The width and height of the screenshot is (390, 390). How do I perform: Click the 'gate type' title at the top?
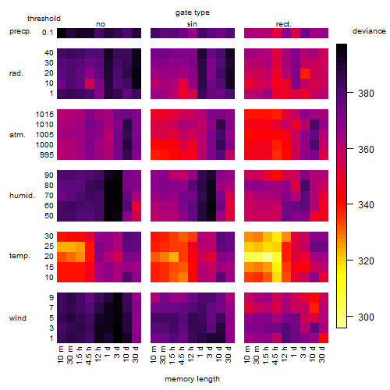point(193,12)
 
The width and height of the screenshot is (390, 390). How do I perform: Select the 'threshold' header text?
point(44,19)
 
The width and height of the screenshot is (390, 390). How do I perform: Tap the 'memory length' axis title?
point(193,379)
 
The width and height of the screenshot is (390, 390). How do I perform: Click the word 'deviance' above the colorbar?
point(369,31)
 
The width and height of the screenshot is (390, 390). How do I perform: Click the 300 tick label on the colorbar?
point(366,317)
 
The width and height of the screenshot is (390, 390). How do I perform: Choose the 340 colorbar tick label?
point(366,205)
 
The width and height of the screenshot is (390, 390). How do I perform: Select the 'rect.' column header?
point(284,24)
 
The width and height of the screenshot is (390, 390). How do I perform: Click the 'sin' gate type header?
point(192,24)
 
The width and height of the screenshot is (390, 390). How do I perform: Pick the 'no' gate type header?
point(101,24)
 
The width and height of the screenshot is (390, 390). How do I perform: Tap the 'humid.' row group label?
point(22,196)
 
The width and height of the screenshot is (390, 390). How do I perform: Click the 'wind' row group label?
point(18,318)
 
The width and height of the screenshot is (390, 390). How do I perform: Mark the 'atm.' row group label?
point(17,135)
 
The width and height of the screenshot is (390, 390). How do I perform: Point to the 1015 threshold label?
point(44,115)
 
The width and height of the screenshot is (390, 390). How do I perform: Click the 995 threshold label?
point(47,155)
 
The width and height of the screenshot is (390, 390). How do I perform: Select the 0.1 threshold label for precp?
point(48,33)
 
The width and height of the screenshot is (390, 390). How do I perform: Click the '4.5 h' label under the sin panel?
point(182,355)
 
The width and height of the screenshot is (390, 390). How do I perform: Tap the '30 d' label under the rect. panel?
point(322,354)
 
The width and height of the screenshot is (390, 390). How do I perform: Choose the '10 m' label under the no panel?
point(60,355)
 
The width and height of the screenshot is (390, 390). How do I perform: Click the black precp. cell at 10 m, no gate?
point(62,33)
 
